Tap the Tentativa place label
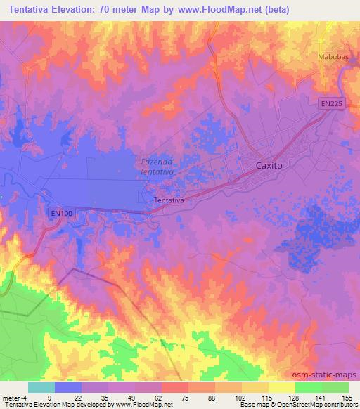pyautogui.click(x=169, y=200)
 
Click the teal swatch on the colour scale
pyautogui.click(x=41, y=387)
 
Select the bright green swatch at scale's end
pyautogui.click(x=335, y=387)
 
